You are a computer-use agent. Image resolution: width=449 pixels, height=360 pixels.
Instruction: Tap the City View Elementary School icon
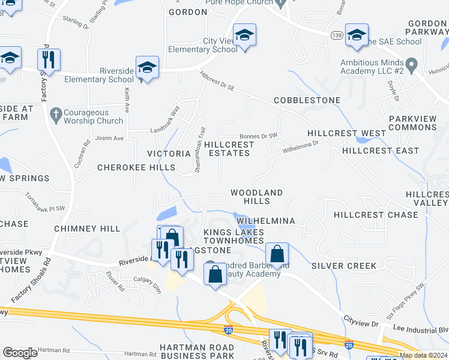coord(244,35)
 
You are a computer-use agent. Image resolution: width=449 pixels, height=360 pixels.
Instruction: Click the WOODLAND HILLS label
coord(257,197)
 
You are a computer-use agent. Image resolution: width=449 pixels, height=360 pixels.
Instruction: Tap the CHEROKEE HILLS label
coord(136,168)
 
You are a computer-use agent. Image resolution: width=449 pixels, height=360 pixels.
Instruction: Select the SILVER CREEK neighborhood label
coord(344,265)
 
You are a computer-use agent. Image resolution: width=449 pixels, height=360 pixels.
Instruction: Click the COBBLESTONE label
coord(307,100)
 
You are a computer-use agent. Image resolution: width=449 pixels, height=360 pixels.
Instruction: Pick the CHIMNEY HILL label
coord(87,229)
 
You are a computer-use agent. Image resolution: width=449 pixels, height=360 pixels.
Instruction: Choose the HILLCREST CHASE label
coord(376,215)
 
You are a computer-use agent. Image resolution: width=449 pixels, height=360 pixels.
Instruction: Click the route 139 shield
coord(336,37)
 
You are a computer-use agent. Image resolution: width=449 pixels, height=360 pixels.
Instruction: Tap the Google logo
coord(20,353)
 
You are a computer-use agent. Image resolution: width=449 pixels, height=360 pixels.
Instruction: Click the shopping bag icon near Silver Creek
coord(276,254)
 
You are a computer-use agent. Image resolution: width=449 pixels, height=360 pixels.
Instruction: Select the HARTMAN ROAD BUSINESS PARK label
coord(197,352)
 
